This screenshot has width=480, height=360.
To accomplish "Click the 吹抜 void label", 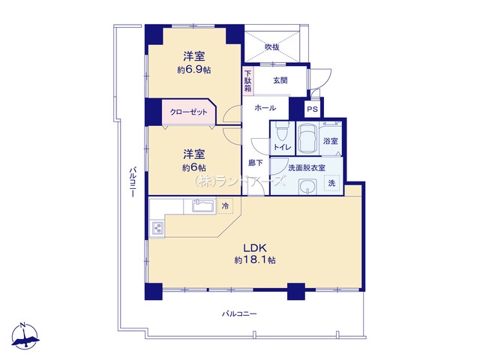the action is [271, 47].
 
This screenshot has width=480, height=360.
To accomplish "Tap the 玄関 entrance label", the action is [280, 80].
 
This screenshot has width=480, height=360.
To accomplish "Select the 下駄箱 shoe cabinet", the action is [248, 81].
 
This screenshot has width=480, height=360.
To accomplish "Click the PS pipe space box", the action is [312, 109].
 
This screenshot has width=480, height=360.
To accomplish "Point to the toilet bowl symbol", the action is [280, 132].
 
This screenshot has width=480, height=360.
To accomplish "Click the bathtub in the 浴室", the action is [307, 138].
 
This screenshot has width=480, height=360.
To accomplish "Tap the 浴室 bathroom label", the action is [331, 141].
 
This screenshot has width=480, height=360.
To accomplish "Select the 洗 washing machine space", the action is [331, 183].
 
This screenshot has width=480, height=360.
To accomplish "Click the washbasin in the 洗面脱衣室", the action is [307, 187].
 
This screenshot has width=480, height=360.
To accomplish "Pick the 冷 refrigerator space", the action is [225, 205].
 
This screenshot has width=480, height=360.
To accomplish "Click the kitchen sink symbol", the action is [203, 205].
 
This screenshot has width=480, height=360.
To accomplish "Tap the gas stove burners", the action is [157, 228].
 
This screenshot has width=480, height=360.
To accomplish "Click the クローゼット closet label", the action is [188, 112].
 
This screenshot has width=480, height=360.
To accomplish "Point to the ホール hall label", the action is [265, 108].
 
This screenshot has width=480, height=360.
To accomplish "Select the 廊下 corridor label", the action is [256, 163].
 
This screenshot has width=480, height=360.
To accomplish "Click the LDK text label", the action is [255, 247].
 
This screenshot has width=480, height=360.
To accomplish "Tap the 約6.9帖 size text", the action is [193, 70].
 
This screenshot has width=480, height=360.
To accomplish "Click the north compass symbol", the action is [25, 336].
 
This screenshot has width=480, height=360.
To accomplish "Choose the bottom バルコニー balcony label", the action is [239, 313].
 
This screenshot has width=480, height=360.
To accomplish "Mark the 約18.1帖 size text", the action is [255, 260].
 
